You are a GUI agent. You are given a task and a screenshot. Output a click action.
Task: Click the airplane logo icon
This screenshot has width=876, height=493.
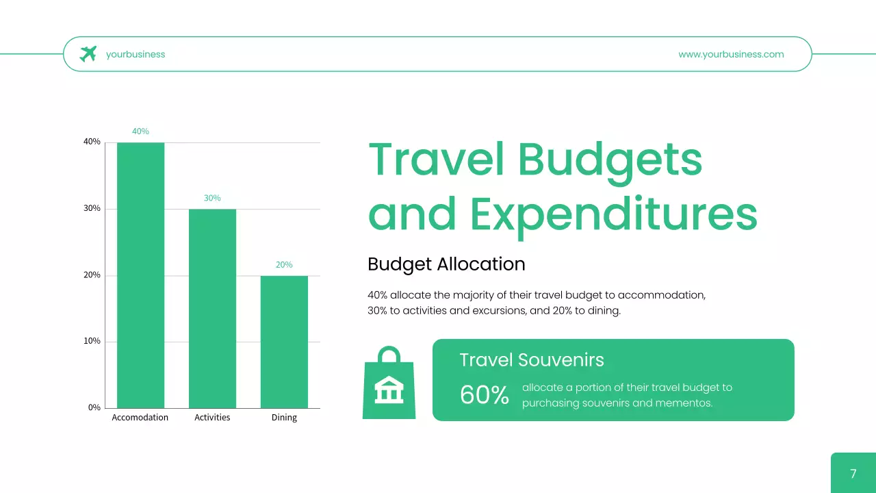[88, 53]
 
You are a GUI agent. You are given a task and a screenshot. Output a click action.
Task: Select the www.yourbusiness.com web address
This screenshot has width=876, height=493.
[731, 54]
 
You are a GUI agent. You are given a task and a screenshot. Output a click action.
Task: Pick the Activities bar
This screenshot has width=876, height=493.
[212, 308]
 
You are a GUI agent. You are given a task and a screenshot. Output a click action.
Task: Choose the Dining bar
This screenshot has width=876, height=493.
[284, 342]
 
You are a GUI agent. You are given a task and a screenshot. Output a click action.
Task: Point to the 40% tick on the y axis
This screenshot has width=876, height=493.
[92, 142]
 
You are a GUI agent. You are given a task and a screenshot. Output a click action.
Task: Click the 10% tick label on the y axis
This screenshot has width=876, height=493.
[92, 341]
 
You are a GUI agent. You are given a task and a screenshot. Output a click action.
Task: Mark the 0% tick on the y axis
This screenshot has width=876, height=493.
[94, 407]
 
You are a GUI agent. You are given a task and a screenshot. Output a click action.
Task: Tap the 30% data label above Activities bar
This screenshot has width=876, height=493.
[212, 198]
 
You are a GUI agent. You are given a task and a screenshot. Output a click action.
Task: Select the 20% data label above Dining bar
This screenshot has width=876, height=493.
[284, 264]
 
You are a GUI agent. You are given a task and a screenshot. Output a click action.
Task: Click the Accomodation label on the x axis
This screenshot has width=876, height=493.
[140, 418]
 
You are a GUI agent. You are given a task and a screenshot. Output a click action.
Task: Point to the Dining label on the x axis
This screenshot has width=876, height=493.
[284, 418]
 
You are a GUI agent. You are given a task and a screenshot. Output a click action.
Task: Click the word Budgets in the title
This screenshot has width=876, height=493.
[610, 160]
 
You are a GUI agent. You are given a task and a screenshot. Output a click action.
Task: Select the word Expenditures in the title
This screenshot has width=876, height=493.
[614, 214]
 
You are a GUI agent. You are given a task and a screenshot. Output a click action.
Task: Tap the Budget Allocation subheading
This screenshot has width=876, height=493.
[446, 264]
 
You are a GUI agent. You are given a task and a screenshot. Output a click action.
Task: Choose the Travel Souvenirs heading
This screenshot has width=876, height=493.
[531, 360]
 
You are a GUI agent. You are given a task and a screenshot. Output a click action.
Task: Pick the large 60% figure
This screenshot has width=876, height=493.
[484, 395]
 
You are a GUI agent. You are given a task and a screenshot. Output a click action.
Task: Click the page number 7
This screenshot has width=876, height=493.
[853, 474]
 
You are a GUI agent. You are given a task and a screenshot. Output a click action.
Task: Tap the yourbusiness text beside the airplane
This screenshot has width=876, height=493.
[136, 54]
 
